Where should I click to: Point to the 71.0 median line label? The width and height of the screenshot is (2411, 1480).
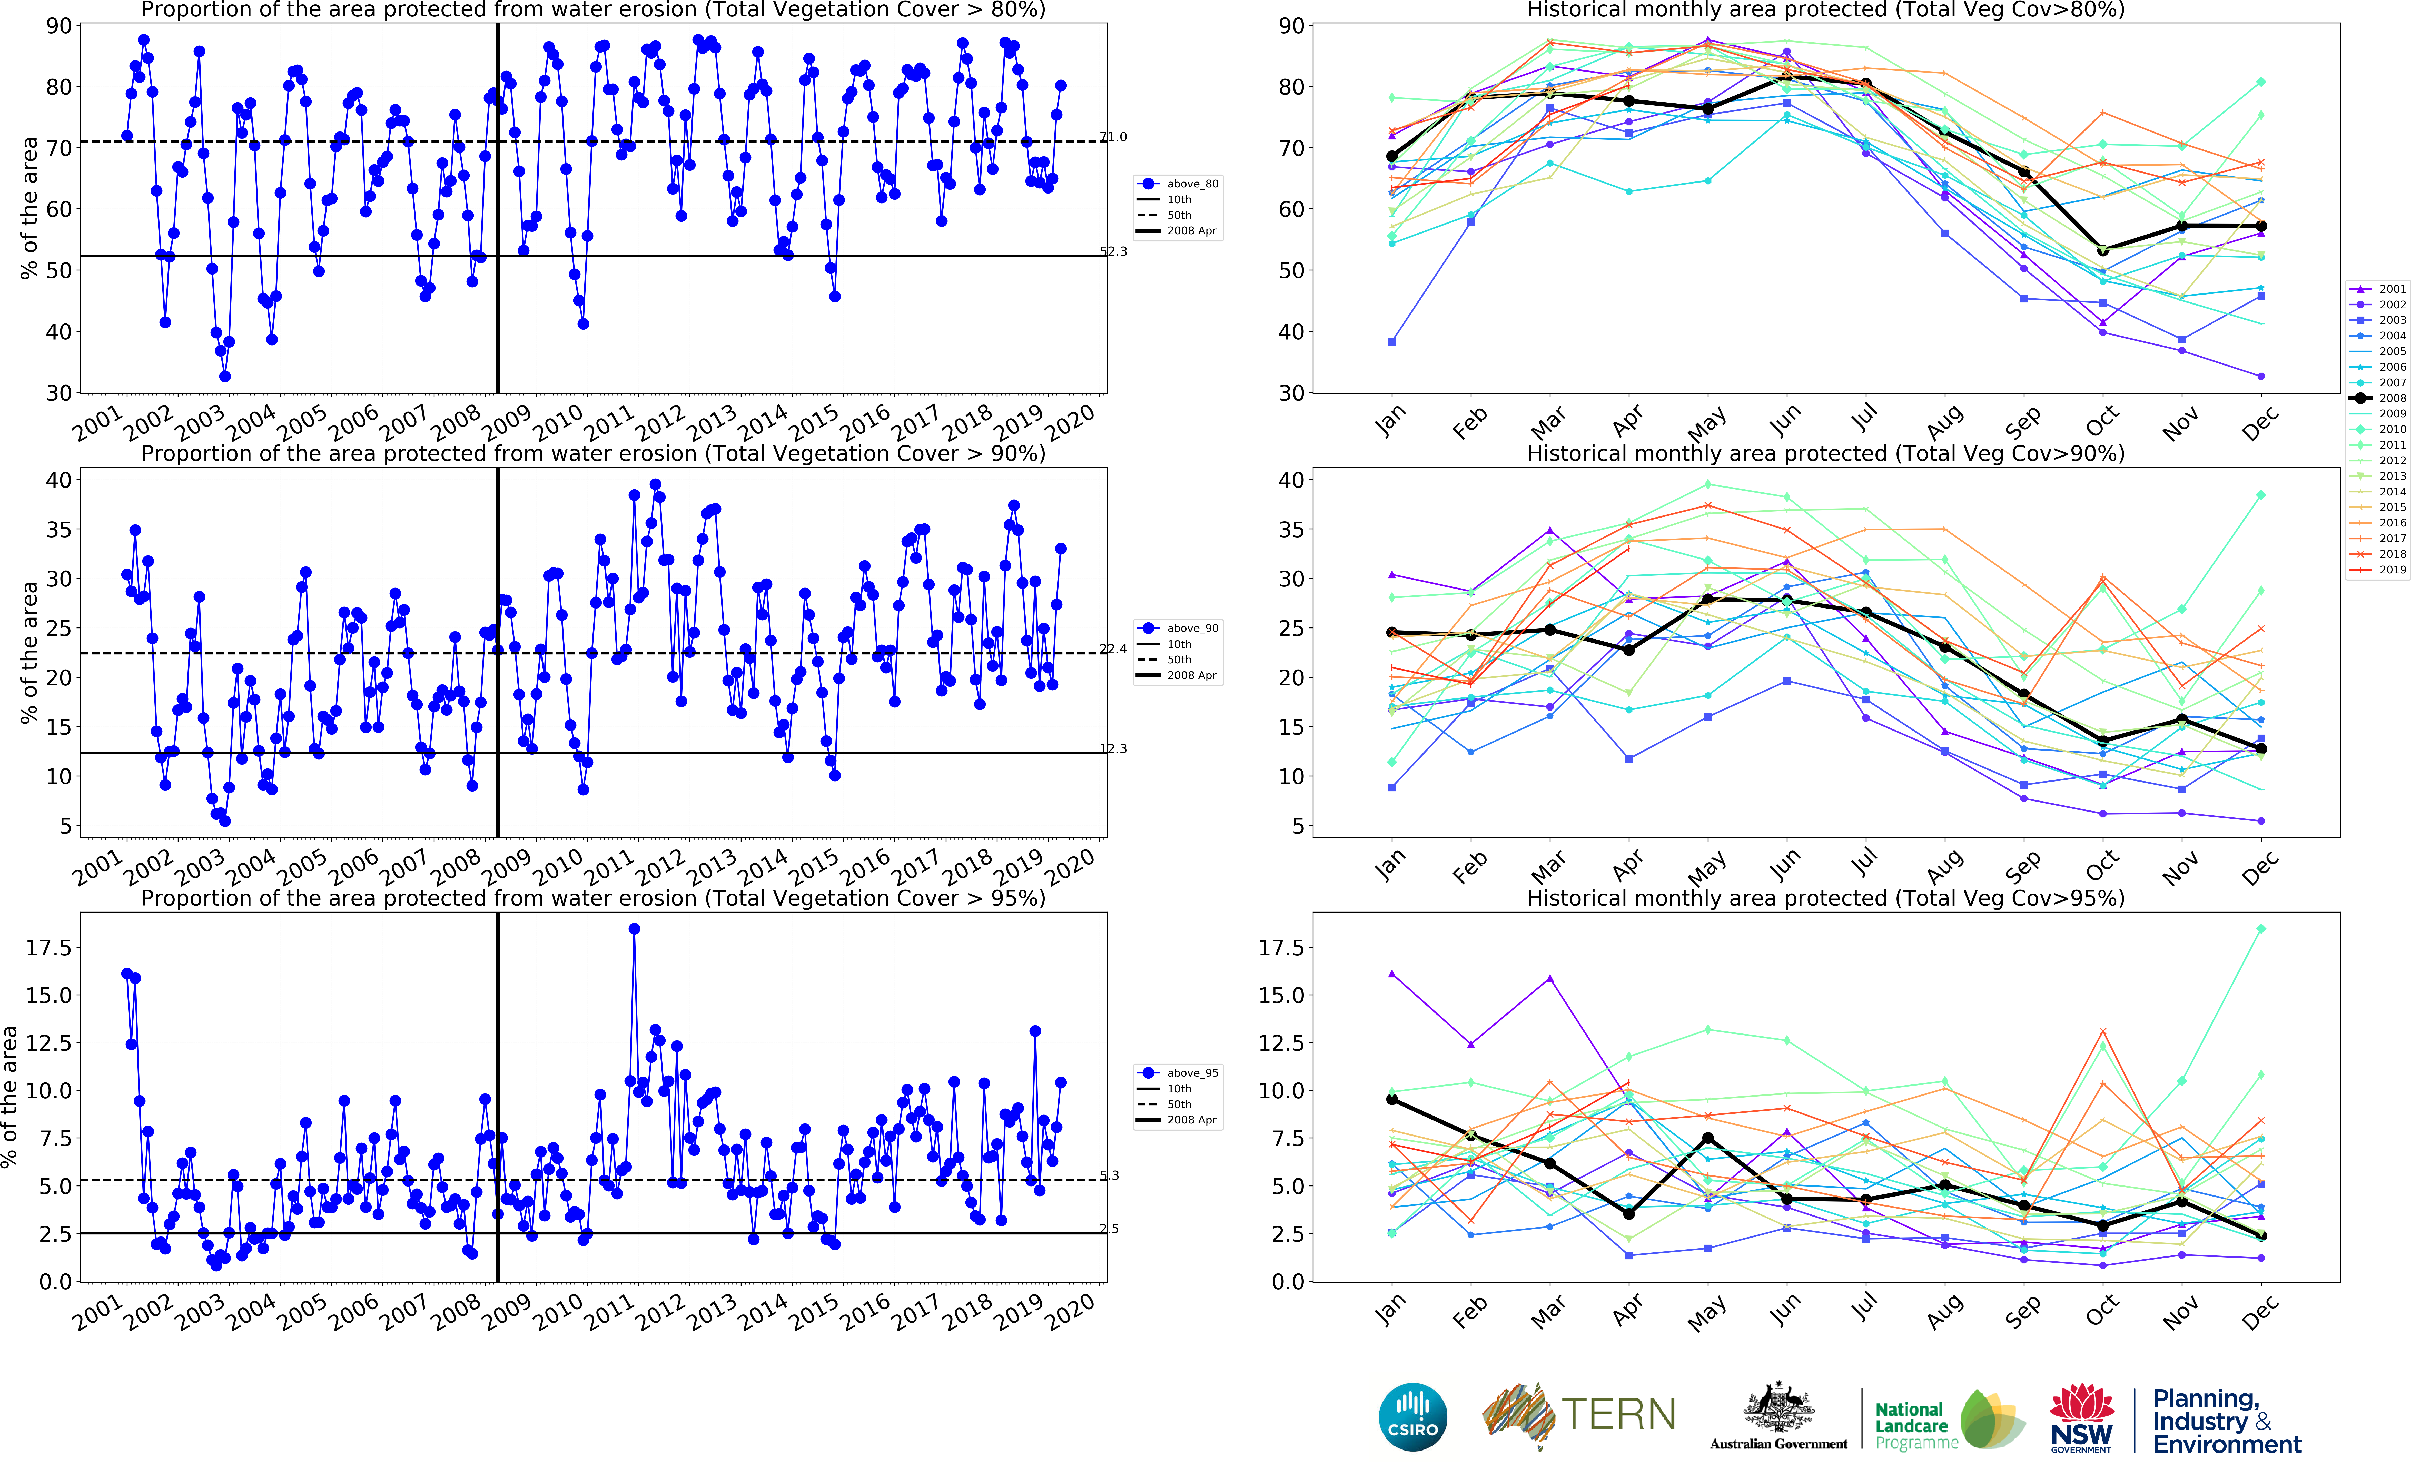[x=1113, y=137]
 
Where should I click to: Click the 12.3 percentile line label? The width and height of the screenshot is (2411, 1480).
[x=1113, y=749]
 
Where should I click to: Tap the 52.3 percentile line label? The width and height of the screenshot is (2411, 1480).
[x=1113, y=251]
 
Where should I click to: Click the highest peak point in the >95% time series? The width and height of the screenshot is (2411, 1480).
[x=635, y=929]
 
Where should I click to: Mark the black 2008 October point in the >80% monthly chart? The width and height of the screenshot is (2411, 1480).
[x=2102, y=251]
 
